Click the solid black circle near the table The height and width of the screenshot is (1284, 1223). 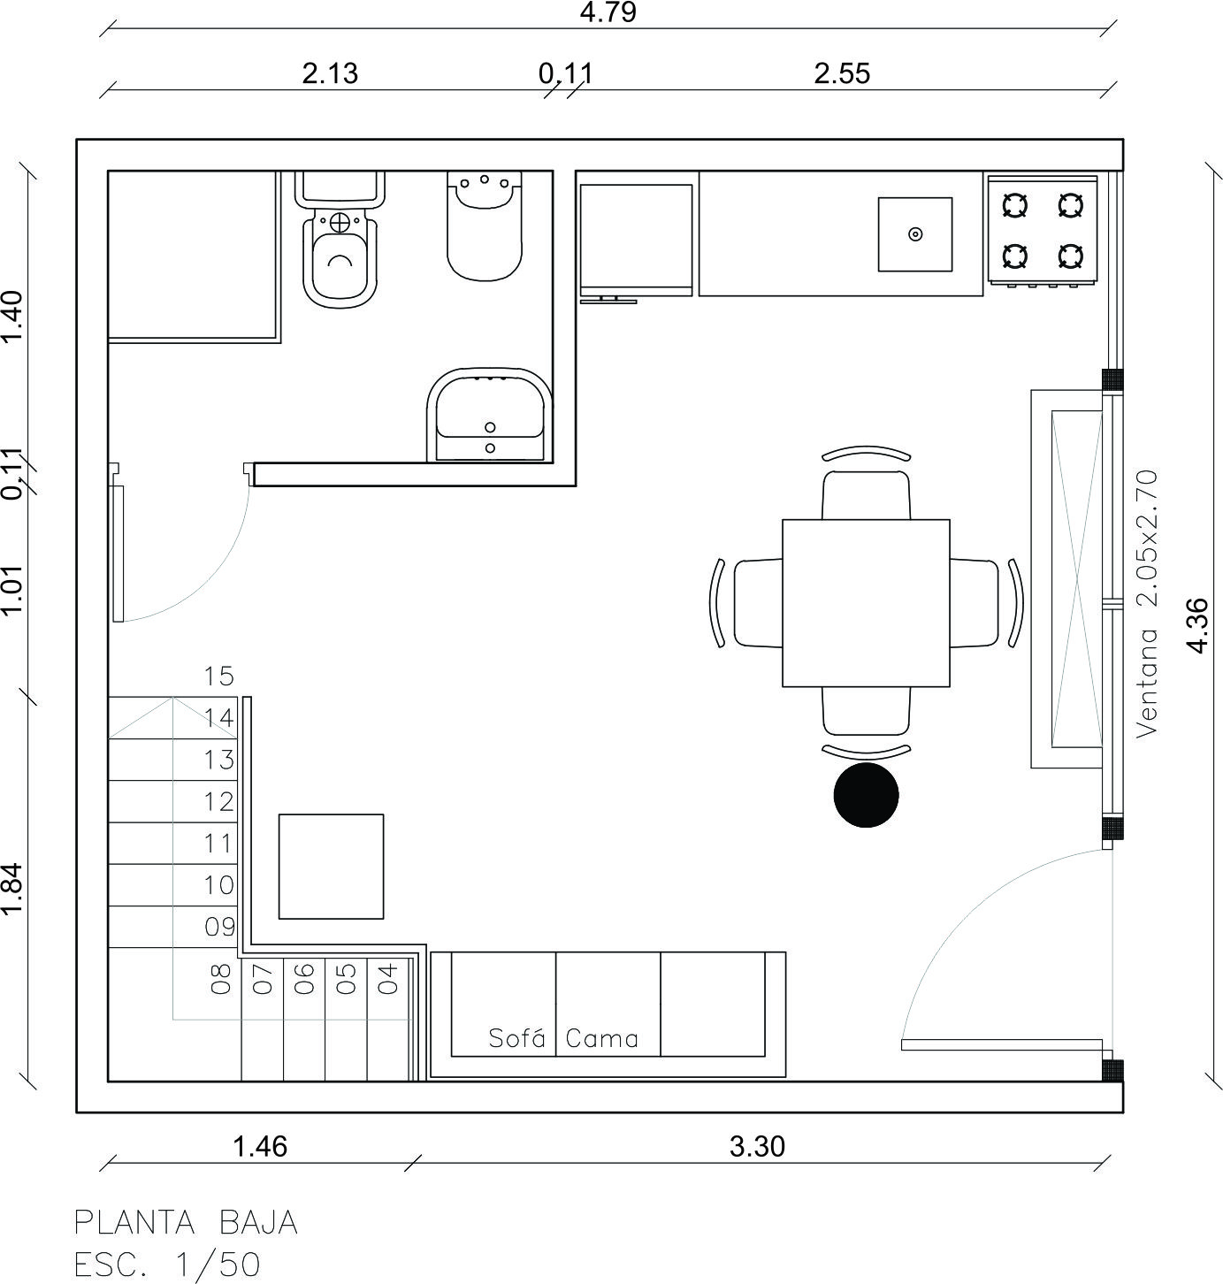point(866,795)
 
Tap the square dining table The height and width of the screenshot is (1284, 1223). point(866,603)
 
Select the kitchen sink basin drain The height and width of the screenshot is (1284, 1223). point(915,234)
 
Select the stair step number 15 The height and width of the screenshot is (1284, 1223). point(218,676)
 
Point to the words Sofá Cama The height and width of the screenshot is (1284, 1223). point(563,1038)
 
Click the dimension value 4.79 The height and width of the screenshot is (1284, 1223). point(608,13)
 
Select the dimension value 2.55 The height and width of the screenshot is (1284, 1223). point(842,73)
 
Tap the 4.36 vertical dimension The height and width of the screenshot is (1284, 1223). point(1197,625)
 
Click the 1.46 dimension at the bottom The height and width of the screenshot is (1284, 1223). point(260,1147)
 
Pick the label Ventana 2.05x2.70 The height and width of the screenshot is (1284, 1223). point(1147,603)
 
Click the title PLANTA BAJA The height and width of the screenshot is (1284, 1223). point(186,1223)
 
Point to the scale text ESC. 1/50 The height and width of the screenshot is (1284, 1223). point(167,1265)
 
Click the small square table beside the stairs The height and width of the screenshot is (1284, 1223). point(332,867)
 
